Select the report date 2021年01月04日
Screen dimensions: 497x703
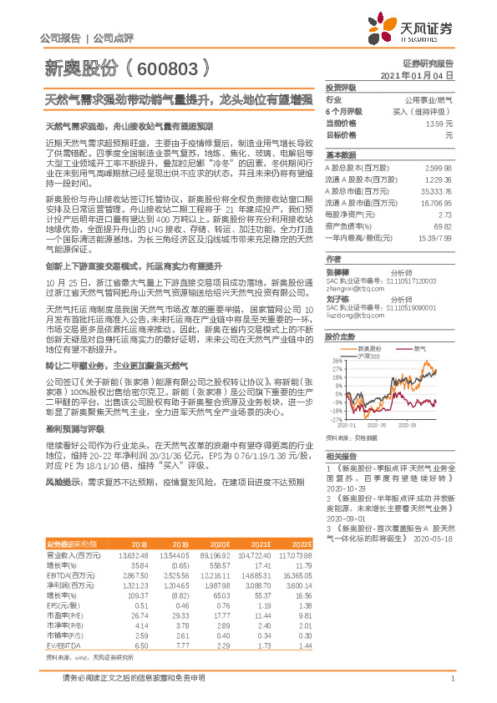pyautogui.click(x=417, y=75)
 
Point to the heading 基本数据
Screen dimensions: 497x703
pyautogui.click(x=340, y=155)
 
